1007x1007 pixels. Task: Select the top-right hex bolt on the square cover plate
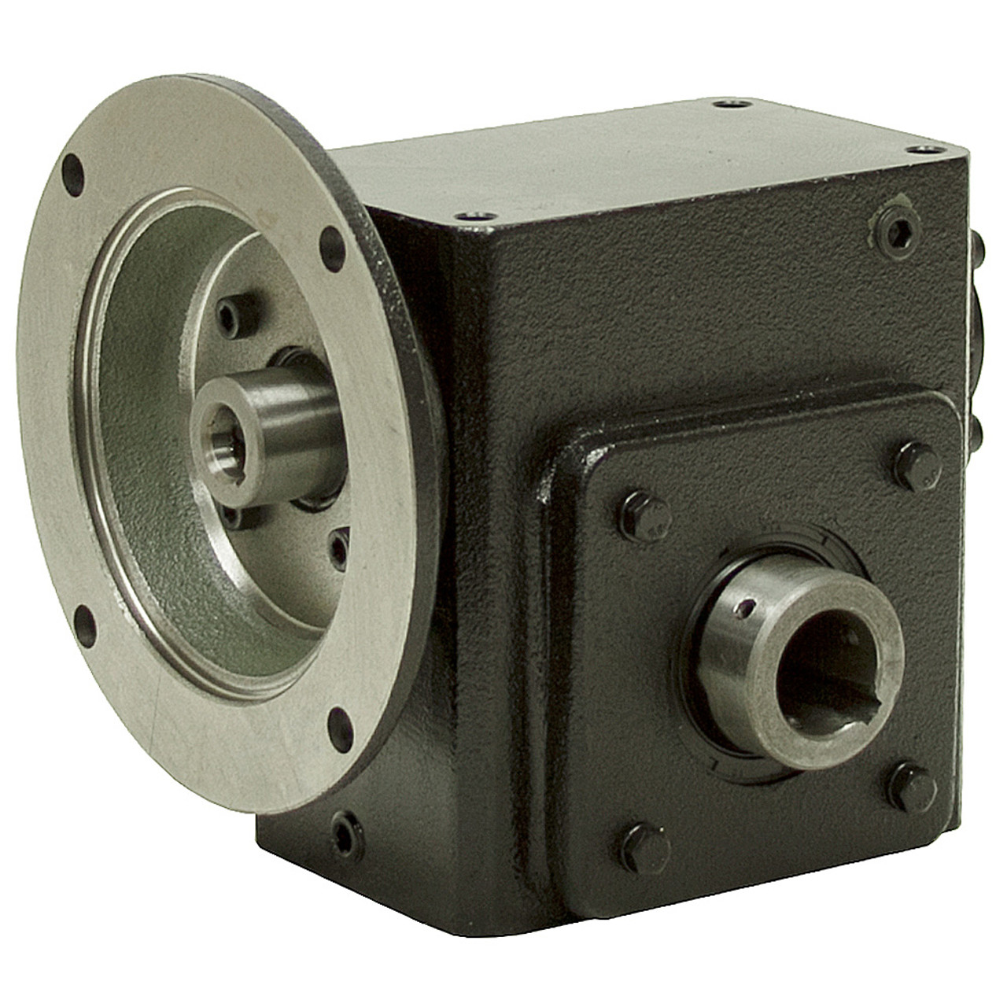(x=918, y=467)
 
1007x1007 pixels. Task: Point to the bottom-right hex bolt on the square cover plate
(x=913, y=788)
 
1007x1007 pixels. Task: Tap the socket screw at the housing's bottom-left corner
(x=348, y=832)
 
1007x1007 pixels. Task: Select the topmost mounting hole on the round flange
(x=73, y=169)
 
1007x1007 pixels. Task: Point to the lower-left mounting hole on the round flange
(x=87, y=622)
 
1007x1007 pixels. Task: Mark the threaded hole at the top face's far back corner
(x=732, y=103)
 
